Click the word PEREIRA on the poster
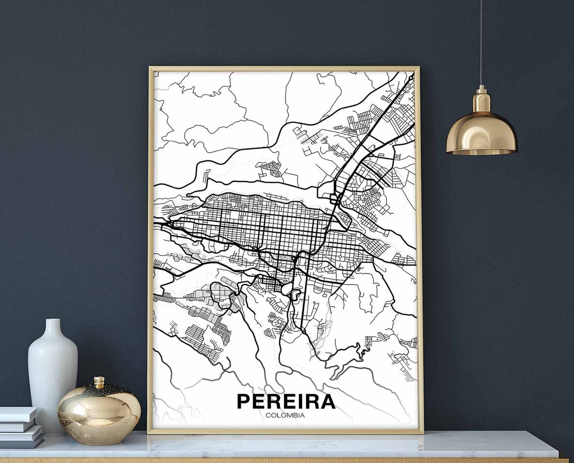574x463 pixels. pos(285,402)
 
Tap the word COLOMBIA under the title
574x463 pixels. pos(285,415)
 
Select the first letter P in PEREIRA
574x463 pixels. pos(243,402)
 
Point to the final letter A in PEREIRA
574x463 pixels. pos(327,402)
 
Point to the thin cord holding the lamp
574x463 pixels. pos(480,40)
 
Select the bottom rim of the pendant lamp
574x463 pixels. pos(481,151)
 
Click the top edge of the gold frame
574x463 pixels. pos(284,69)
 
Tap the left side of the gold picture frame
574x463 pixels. pos(151,252)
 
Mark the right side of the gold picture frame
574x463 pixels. pos(420,252)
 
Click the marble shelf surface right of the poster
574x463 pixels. pos(483,443)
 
